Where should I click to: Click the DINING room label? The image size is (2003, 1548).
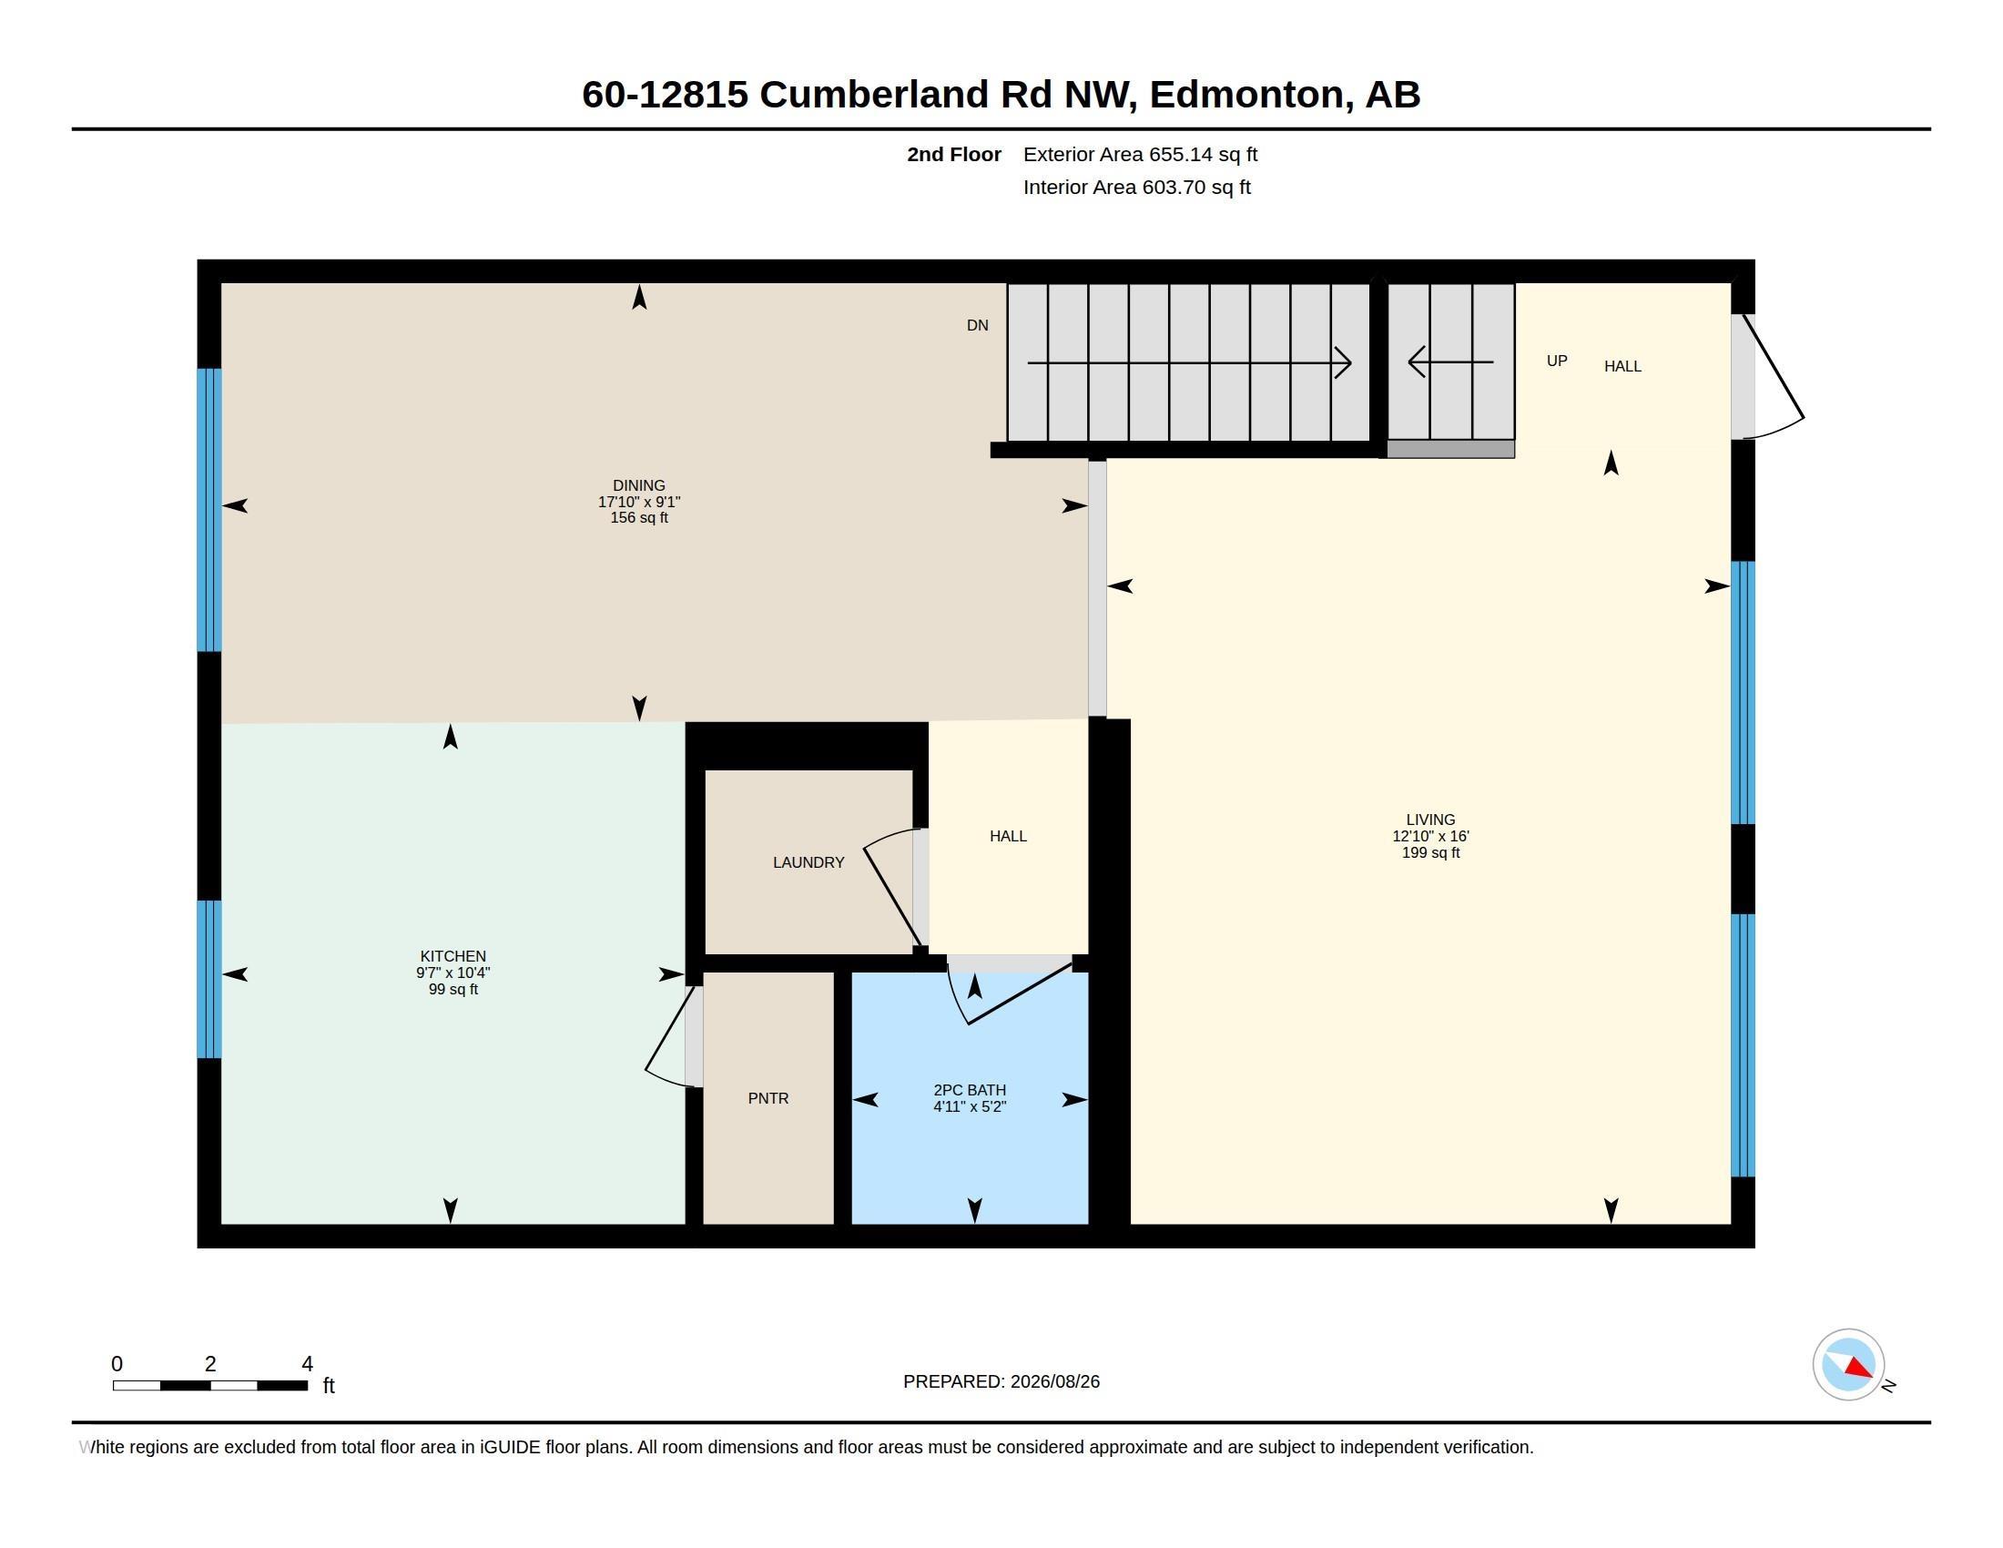[639, 486]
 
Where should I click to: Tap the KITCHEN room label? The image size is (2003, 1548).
[453, 956]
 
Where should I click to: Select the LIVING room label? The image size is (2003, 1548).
[1430, 820]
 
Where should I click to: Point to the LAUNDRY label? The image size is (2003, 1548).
[808, 863]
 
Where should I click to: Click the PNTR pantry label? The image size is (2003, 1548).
[768, 1099]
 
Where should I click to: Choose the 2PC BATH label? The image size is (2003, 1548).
[970, 1090]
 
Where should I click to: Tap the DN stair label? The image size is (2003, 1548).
[978, 326]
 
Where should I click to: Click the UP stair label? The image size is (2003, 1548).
[1557, 362]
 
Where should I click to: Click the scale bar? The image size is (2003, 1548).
[210, 1386]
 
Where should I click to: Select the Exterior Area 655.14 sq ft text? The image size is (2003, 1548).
[1140, 155]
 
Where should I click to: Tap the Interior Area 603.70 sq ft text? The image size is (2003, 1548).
[1136, 188]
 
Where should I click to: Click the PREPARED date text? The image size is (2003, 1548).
[1001, 1382]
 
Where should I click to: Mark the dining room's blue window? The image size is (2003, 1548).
[210, 510]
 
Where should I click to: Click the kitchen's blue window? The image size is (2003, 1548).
[210, 980]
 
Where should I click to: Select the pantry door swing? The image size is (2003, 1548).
[667, 1036]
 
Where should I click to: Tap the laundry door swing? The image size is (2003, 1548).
[891, 886]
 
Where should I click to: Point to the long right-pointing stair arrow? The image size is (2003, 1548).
[1190, 363]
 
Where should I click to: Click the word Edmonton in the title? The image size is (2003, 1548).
[1246, 95]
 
